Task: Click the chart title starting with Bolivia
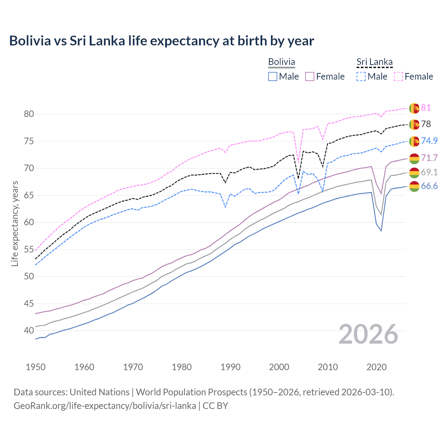point(161,41)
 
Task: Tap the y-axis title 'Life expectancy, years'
point(15,223)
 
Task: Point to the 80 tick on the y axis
point(29,114)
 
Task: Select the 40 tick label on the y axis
point(29,330)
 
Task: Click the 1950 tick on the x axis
point(36,367)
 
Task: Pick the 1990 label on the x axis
point(230,367)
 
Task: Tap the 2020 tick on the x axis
point(376,367)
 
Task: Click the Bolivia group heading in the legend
point(281,62)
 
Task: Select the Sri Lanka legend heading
point(374,62)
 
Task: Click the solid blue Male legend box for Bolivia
point(273,76)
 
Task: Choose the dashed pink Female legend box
point(398,76)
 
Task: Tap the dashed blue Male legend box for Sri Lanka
point(361,76)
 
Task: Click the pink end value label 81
point(426,108)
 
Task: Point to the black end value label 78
point(426,124)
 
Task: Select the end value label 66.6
point(429,186)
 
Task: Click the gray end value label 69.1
point(429,172)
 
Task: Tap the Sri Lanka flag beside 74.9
point(414,141)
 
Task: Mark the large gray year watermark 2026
point(368,335)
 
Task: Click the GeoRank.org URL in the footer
point(105,406)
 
